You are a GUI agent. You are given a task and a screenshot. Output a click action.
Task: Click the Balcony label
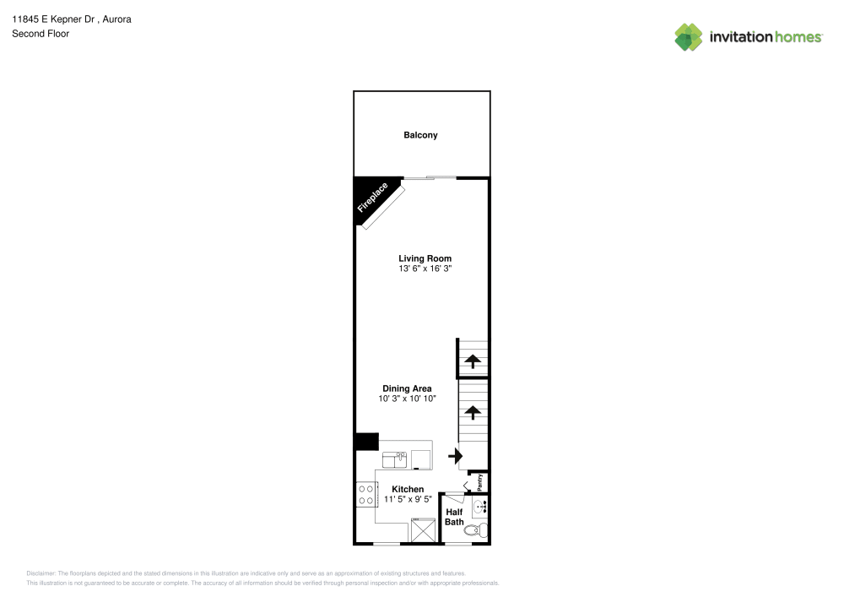click(420, 135)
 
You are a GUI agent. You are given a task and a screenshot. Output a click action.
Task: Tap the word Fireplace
click(372, 198)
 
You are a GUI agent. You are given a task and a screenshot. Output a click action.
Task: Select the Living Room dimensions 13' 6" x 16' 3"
click(425, 269)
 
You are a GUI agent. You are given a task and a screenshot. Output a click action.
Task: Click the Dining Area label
click(407, 388)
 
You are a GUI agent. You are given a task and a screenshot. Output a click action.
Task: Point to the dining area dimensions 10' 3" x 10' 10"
click(407, 399)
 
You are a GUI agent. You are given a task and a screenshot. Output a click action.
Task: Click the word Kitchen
click(408, 489)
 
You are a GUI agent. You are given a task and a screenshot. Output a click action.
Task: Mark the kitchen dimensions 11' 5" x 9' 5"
click(408, 499)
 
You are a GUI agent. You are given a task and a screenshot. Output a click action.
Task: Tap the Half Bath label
click(454, 517)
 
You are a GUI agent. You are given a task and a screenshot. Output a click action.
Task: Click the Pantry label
click(479, 482)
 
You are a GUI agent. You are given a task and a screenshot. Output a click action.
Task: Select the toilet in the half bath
click(476, 531)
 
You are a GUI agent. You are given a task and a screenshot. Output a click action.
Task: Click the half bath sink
click(479, 506)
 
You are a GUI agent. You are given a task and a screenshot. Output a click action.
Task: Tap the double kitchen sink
click(394, 460)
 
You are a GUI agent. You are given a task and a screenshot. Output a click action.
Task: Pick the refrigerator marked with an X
click(423, 530)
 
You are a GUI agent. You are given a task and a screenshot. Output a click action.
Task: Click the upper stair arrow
click(473, 361)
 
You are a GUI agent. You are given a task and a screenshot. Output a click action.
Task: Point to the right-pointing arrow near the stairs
click(456, 456)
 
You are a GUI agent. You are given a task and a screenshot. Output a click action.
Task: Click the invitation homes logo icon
click(689, 37)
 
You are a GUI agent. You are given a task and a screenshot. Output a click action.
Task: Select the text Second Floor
click(41, 34)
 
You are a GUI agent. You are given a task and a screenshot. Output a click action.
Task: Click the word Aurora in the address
click(116, 19)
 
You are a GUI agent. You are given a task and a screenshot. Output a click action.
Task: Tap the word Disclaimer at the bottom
click(41, 574)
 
